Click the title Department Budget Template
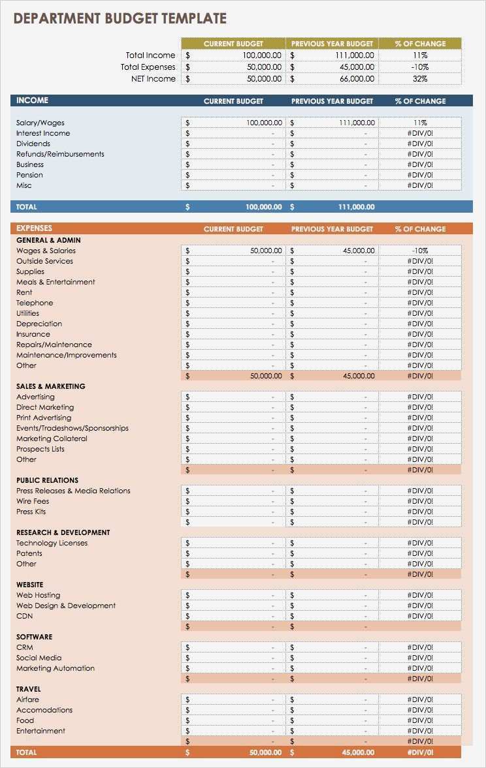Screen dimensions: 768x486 (x=120, y=18)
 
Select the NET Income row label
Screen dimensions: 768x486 (x=154, y=79)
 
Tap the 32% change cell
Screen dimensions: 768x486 (x=420, y=79)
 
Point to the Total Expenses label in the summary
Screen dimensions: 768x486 (x=148, y=67)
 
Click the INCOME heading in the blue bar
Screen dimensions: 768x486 (x=32, y=100)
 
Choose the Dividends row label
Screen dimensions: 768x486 (x=33, y=144)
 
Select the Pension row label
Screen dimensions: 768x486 (x=29, y=175)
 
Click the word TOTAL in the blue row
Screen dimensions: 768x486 (x=27, y=207)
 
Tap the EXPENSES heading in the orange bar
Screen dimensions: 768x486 (x=34, y=228)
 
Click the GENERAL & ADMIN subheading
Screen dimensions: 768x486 (x=48, y=240)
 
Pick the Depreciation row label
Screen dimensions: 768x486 (x=39, y=324)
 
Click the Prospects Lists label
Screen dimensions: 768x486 (x=40, y=449)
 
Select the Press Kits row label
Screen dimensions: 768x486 (x=31, y=512)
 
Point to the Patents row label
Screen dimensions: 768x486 (x=29, y=553)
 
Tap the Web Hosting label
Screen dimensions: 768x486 (x=38, y=595)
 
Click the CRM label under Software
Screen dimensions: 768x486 (x=24, y=647)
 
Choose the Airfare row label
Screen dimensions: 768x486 (x=27, y=699)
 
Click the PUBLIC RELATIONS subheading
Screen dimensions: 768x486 (x=47, y=480)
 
